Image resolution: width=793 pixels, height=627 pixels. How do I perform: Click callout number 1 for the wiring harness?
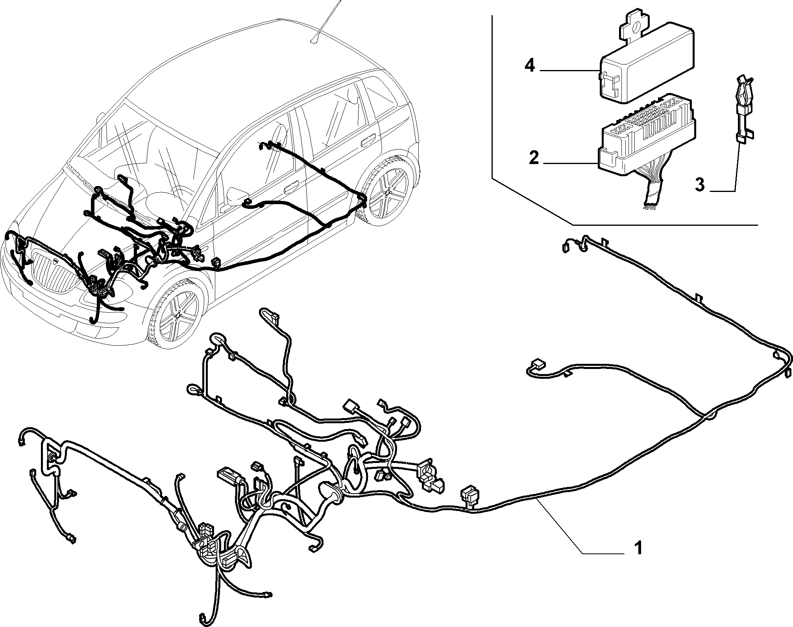[x=638, y=548]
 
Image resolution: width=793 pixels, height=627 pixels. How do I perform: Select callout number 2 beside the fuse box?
[x=534, y=158]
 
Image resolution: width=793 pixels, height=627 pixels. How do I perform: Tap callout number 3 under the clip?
[x=699, y=185]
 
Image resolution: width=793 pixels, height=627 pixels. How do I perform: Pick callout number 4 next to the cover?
[x=530, y=66]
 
